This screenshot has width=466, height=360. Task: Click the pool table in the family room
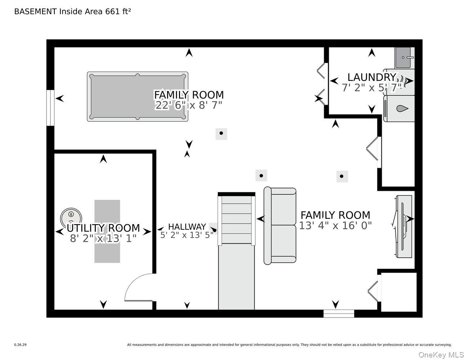138,96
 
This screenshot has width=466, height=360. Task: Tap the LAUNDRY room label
372,77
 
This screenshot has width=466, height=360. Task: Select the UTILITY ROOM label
103,228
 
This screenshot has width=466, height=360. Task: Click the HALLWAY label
187,226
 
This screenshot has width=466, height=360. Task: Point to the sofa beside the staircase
280,226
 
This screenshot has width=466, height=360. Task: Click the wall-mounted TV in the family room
403,226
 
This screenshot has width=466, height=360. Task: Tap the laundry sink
404,58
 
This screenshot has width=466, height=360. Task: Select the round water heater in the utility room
71,219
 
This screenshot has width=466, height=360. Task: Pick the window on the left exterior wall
50,108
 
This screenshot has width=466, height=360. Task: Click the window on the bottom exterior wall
339,314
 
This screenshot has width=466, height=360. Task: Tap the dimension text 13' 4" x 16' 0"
335,225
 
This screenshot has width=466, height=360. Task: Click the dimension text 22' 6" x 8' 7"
188,105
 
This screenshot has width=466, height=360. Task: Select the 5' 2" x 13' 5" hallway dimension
187,235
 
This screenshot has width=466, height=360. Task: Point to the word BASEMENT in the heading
35,12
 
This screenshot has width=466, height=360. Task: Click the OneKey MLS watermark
441,355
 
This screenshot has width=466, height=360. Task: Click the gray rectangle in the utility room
107,231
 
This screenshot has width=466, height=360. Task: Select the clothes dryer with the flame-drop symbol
399,109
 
